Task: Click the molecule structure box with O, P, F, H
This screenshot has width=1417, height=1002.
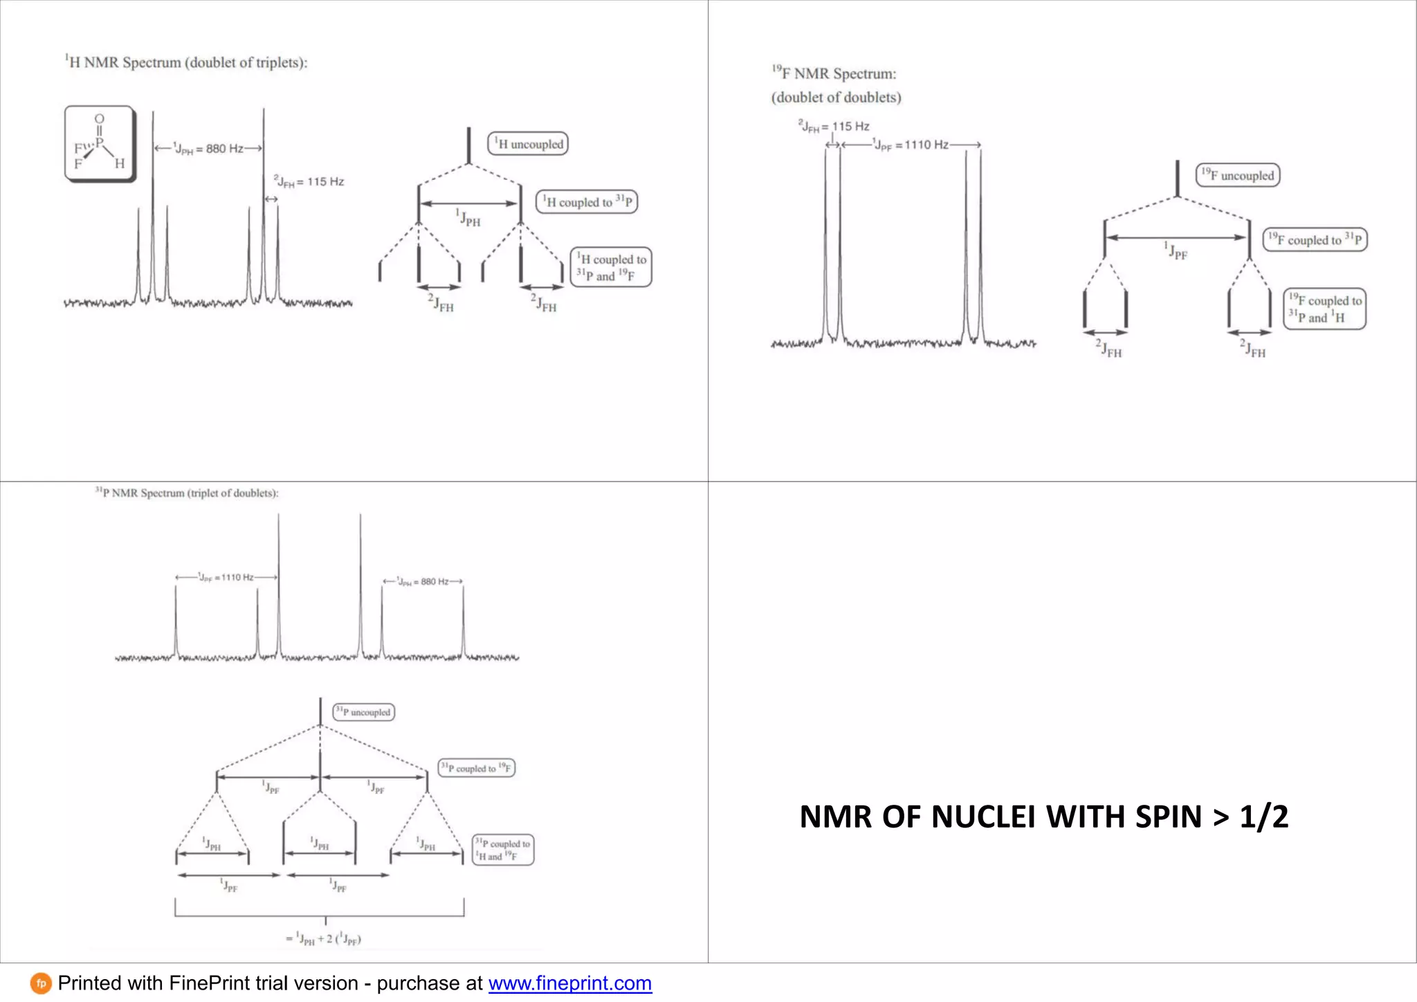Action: [99, 144]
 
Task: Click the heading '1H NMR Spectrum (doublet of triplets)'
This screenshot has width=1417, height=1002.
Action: [186, 62]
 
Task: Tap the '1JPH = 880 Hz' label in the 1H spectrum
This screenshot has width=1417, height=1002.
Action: [208, 149]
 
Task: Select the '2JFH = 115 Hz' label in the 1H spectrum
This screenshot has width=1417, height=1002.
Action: [309, 182]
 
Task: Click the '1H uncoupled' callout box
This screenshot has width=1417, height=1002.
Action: [528, 144]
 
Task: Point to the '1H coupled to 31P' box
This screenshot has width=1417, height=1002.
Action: [587, 202]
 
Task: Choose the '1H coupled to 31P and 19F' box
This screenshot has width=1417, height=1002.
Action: [611, 268]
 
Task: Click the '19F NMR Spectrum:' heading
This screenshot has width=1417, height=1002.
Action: [834, 73]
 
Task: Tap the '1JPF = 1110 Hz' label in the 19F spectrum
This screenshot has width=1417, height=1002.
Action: [911, 145]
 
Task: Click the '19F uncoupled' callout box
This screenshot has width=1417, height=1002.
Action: [1238, 175]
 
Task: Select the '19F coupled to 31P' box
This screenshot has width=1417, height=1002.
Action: [1315, 239]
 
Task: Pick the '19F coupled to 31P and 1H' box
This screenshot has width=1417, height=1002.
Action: [1324, 309]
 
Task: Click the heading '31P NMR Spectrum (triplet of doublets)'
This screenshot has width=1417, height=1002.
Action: [187, 493]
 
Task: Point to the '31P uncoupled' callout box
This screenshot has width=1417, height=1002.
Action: [363, 712]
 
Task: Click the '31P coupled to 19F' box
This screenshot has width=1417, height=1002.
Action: [477, 768]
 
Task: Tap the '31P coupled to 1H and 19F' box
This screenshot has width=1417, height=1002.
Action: [503, 850]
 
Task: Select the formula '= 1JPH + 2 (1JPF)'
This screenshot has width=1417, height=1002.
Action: [323, 939]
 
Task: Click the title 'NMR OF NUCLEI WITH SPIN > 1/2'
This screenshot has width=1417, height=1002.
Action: [1043, 817]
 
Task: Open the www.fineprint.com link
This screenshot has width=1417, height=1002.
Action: [569, 983]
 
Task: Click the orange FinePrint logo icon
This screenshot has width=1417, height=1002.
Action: [41, 983]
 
